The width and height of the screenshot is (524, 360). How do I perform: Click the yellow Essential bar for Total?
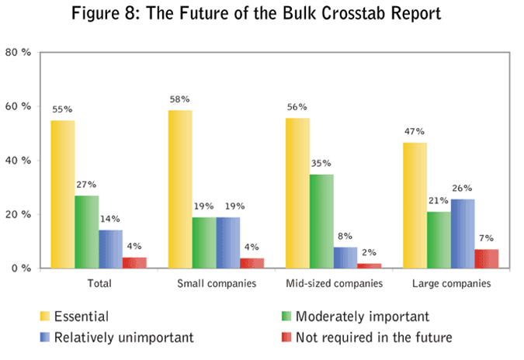(x=63, y=194)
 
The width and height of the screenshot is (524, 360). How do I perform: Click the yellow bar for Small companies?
(x=181, y=189)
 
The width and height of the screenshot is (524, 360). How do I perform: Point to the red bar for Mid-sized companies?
(x=369, y=265)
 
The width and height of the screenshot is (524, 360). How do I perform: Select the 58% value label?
(x=180, y=100)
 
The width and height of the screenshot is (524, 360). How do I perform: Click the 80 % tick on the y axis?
(x=18, y=52)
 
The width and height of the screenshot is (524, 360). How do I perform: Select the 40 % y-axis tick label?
(x=18, y=161)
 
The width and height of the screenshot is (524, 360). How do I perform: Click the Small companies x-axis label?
(x=216, y=285)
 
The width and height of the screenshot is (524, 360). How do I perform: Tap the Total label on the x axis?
(x=97, y=285)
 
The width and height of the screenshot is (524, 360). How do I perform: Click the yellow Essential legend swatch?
(x=47, y=317)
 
